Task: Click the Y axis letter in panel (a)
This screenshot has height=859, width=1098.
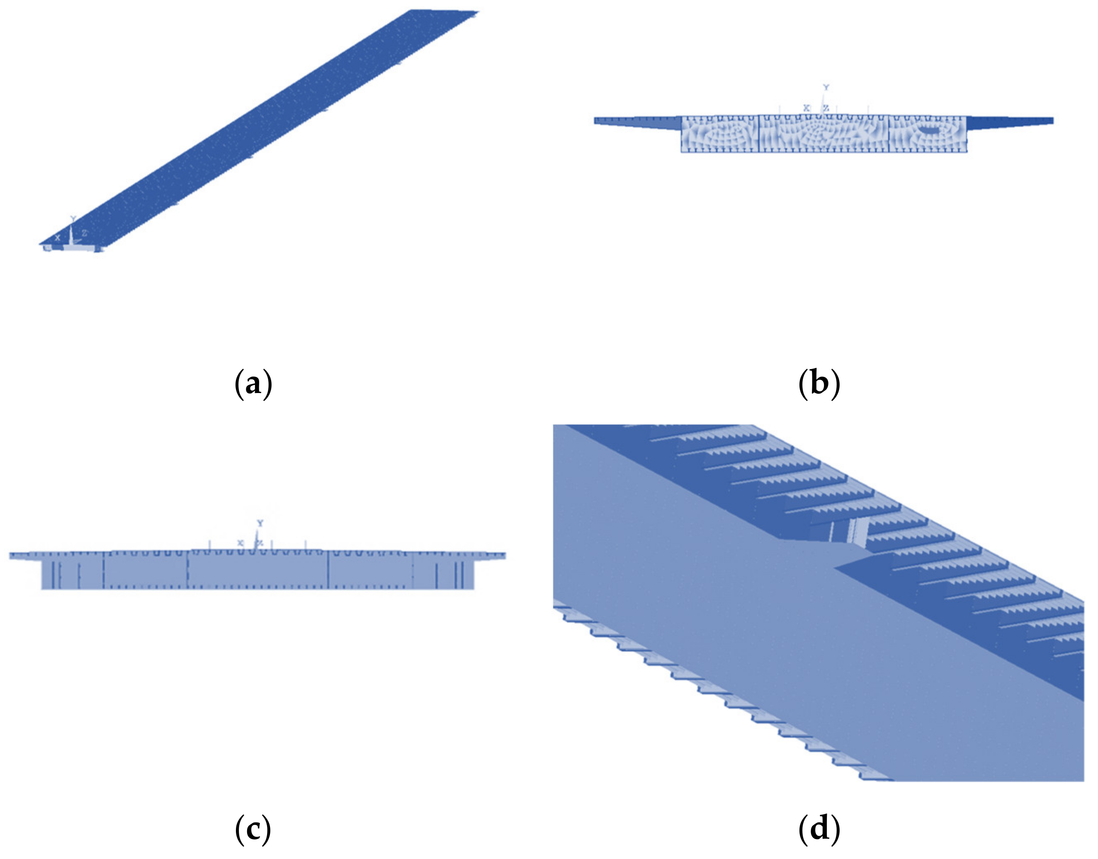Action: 73,219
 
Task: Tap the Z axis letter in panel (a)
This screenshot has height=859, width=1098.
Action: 85,233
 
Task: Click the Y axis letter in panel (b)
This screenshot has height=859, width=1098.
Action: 826,88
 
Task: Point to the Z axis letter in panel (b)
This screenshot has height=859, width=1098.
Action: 826,108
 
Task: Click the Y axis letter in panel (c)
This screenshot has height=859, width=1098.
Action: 260,523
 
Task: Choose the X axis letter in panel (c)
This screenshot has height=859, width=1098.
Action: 241,543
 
